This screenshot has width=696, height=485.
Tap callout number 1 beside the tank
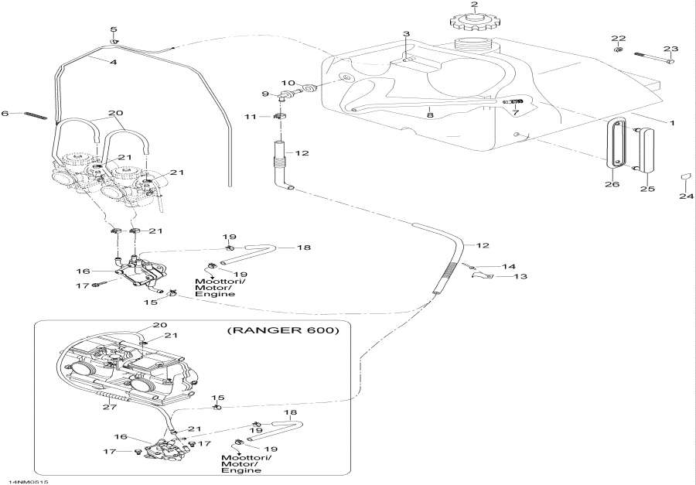[x=671, y=123]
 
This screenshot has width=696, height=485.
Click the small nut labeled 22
[x=618, y=50]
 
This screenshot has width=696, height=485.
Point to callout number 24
[x=683, y=196]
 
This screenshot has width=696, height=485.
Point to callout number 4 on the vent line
[x=113, y=61]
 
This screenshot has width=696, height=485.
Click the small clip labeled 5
[x=114, y=40]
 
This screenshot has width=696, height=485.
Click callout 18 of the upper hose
[x=304, y=248]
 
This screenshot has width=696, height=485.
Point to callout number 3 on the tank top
[x=405, y=34]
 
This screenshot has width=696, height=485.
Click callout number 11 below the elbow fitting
[x=249, y=116]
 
